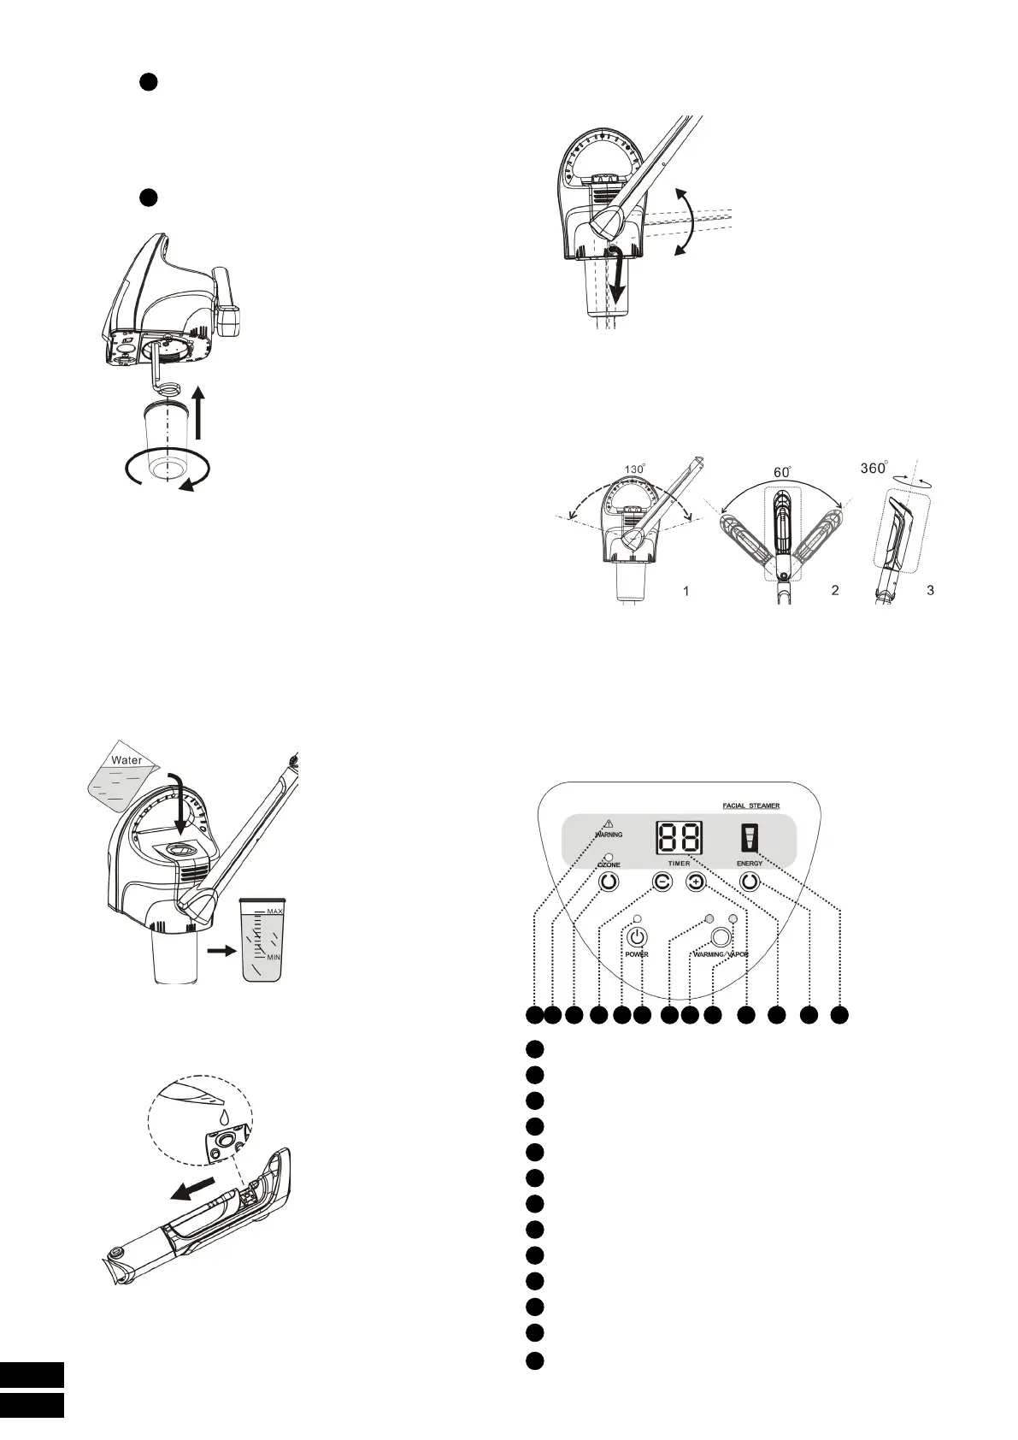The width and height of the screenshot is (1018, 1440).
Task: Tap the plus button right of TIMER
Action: pyautogui.click(x=696, y=882)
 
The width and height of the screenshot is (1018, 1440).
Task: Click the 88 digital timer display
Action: pyautogui.click(x=680, y=838)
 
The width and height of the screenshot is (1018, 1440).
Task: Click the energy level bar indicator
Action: pyautogui.click(x=750, y=839)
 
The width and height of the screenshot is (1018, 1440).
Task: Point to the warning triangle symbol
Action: pyautogui.click(x=609, y=823)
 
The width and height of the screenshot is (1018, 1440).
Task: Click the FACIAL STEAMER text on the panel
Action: pyautogui.click(x=750, y=806)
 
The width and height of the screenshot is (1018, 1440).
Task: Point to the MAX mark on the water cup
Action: pyautogui.click(x=274, y=912)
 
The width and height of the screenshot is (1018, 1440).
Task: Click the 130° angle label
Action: pyautogui.click(x=634, y=469)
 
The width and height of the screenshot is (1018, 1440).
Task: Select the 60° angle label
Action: pyautogui.click(x=782, y=471)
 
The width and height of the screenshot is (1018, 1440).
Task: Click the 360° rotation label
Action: pyautogui.click(x=872, y=469)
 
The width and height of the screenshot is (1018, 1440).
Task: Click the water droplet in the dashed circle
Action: pyautogui.click(x=225, y=1117)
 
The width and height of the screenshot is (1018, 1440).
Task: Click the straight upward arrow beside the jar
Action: pyautogui.click(x=198, y=411)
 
